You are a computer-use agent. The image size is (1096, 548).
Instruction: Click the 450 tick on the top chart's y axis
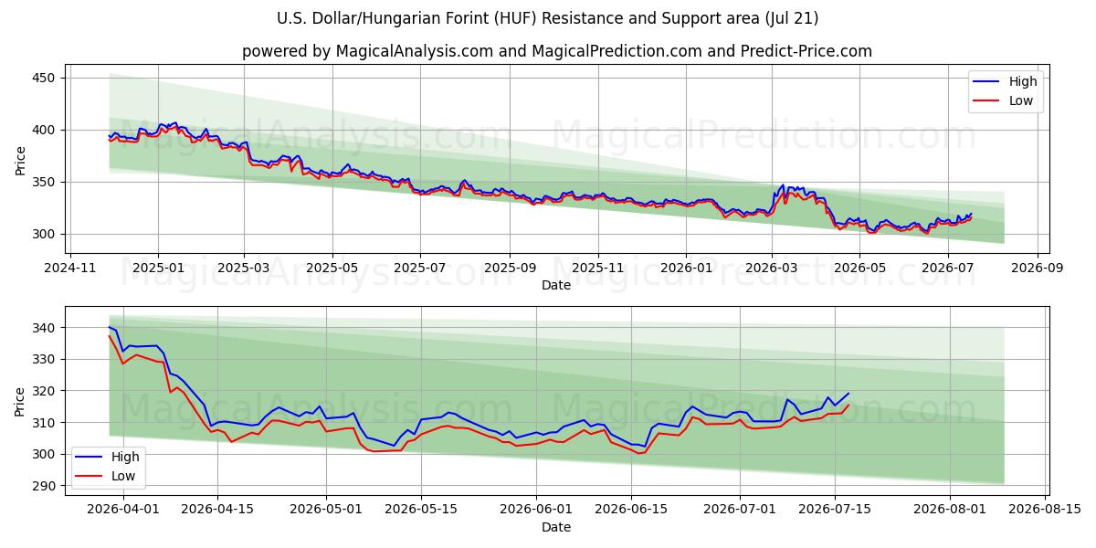(44, 79)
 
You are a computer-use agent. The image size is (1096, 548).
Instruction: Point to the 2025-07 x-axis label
(420, 269)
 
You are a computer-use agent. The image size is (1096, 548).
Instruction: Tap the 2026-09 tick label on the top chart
(1038, 269)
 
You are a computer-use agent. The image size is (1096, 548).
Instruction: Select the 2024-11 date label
(70, 269)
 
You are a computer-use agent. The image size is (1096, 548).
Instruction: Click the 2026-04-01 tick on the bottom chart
(123, 509)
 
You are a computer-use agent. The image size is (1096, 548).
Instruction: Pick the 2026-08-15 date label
(1045, 509)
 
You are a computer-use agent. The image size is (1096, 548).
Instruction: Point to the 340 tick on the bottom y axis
(44, 328)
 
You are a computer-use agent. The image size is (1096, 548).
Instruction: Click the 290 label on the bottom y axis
(44, 486)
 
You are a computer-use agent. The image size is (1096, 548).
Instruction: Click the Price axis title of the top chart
(20, 161)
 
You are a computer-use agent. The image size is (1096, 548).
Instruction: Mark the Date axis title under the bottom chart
(556, 527)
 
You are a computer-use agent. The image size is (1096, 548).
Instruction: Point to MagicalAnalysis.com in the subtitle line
(415, 51)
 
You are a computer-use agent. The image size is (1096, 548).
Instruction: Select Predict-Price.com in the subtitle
(806, 51)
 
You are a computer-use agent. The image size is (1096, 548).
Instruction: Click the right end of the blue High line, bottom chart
(848, 393)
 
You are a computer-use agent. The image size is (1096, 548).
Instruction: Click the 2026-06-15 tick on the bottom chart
(631, 509)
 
